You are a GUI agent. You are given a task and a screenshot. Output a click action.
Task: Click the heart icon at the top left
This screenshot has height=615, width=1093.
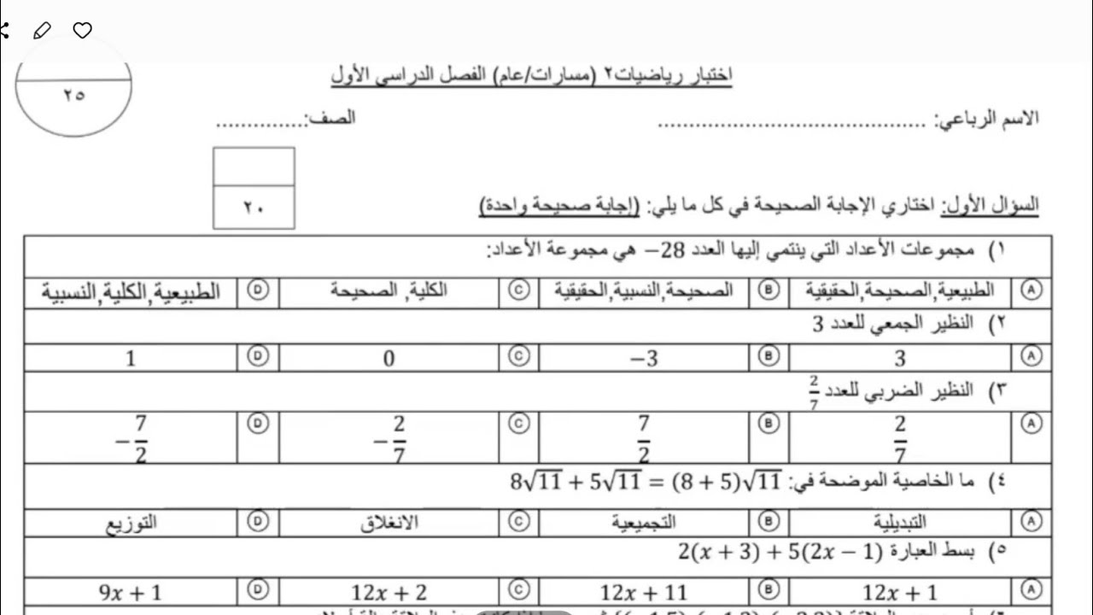click(82, 31)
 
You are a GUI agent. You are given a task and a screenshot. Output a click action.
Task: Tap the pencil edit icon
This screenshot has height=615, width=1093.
click(41, 31)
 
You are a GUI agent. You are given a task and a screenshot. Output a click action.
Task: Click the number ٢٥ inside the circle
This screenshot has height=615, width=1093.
click(73, 96)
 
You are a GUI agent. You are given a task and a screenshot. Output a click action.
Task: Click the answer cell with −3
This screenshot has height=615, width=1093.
click(644, 359)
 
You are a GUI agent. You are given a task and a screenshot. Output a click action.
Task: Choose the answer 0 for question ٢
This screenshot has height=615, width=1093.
click(389, 359)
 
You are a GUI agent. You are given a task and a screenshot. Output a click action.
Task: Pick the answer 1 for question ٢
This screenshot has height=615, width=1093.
click(131, 359)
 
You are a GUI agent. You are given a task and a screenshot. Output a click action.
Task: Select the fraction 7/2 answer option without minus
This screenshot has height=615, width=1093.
click(644, 437)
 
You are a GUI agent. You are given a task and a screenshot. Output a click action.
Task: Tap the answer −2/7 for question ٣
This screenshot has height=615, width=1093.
click(389, 438)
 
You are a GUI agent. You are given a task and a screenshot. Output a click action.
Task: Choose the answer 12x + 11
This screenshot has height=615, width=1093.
click(644, 592)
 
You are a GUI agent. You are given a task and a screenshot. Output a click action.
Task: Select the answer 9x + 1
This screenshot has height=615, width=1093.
click(131, 592)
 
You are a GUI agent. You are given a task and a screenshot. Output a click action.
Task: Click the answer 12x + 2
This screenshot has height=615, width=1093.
click(389, 592)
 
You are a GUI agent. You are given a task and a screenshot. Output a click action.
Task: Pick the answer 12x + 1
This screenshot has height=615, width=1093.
click(900, 592)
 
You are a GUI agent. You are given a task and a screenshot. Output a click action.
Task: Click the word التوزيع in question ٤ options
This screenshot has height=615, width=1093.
click(131, 523)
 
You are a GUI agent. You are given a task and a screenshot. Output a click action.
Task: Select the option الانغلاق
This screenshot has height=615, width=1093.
click(389, 523)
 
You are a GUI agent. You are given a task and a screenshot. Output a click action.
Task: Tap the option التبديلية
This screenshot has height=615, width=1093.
click(900, 523)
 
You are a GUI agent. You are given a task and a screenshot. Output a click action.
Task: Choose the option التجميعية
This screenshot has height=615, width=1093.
click(644, 523)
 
